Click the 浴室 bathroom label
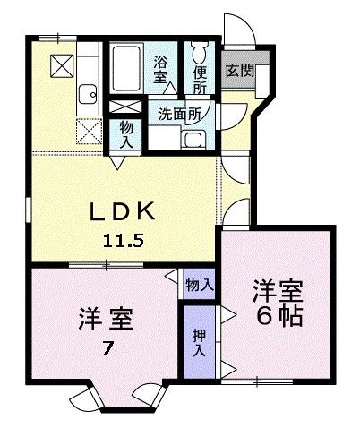[161, 71]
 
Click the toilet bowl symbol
[200, 46]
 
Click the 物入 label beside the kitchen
[126, 135]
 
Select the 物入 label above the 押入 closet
[199, 284]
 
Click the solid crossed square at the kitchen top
[63, 64]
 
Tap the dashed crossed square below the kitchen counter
[90, 133]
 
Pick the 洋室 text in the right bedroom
[278, 291]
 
